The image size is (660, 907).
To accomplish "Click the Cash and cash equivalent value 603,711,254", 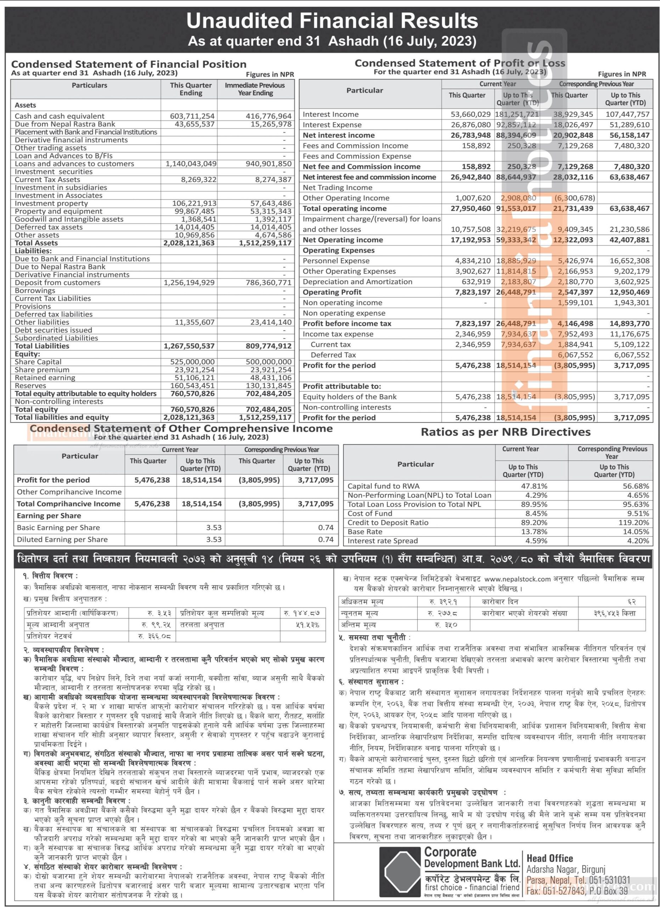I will pyautogui.click(x=192, y=116).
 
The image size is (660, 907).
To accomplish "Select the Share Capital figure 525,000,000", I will pyautogui.click(x=192, y=362).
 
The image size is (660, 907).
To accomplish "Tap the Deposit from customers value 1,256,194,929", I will pyautogui.click(x=190, y=283).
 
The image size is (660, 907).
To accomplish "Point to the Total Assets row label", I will pyautogui.click(x=36, y=243).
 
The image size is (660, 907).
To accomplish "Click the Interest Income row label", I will pyautogui.click(x=331, y=114).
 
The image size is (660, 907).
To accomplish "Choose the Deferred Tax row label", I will pyautogui.click(x=333, y=355).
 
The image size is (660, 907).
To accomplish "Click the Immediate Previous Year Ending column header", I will pyautogui.click(x=255, y=89).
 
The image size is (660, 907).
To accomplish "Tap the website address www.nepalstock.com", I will pyautogui.click(x=517, y=578).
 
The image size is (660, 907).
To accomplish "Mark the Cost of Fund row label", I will pyautogui.click(x=370, y=513).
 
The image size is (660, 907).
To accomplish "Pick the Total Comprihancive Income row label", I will pyautogui.click(x=68, y=504).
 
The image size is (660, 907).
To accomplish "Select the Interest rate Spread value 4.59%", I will pyautogui.click(x=535, y=541).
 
